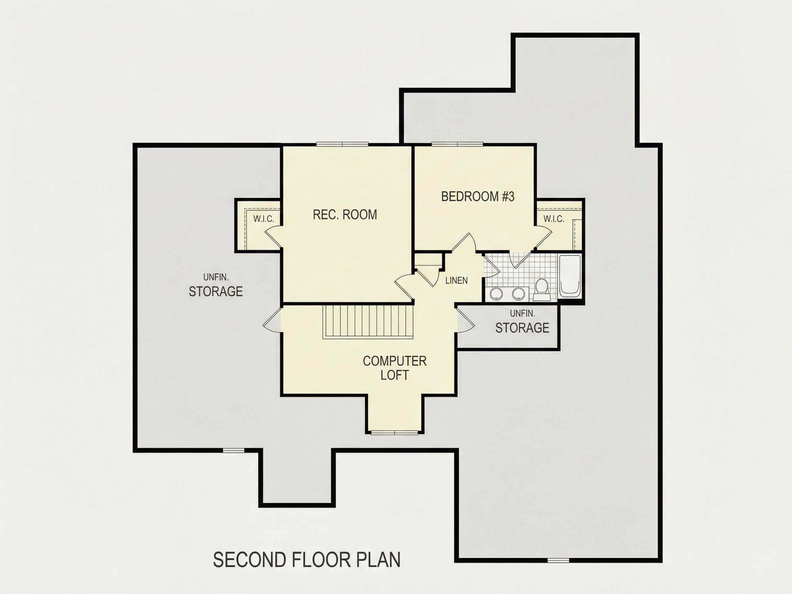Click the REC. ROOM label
point(345,214)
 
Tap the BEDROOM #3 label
point(477,196)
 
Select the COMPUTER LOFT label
point(395,368)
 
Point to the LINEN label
point(456,280)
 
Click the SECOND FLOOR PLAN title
point(307,560)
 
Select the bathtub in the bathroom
point(570,276)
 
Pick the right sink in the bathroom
point(518,294)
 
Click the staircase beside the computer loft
point(368,321)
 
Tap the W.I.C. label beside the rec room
point(264,219)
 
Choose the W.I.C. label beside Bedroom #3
point(553,219)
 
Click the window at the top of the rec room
point(342,144)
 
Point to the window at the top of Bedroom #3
point(457,144)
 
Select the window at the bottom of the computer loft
point(395,432)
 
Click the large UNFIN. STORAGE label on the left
point(216,285)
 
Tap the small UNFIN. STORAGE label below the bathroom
point(522,322)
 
